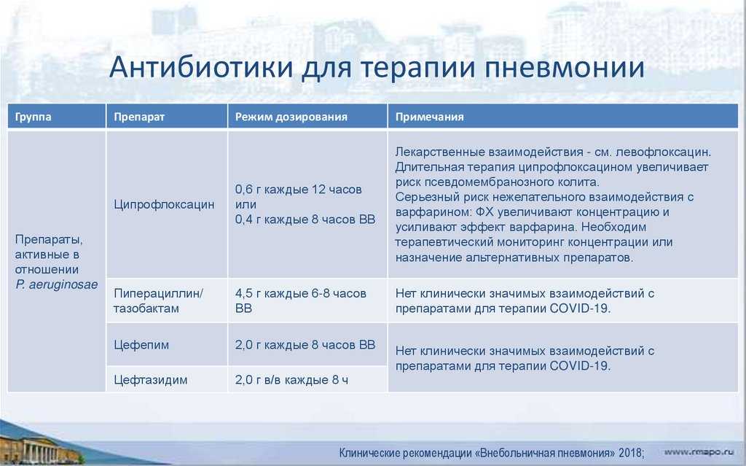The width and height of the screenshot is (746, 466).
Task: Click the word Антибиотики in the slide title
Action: click(x=201, y=67)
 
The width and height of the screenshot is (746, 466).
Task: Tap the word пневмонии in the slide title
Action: click(x=565, y=68)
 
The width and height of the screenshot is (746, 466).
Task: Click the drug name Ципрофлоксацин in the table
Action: click(x=164, y=204)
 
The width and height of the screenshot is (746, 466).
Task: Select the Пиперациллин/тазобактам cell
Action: click(x=158, y=300)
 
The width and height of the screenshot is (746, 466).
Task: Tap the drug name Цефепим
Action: click(x=141, y=344)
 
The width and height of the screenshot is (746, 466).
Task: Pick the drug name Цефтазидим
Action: click(x=150, y=380)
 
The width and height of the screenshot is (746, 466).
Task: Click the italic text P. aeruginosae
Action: click(x=57, y=284)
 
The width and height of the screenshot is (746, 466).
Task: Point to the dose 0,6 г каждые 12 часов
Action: click(x=298, y=189)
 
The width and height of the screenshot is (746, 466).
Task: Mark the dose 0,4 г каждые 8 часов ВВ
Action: click(x=305, y=220)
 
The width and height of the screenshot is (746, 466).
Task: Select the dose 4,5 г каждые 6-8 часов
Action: click(x=301, y=293)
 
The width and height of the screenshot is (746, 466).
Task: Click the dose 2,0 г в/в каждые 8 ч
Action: click(x=291, y=380)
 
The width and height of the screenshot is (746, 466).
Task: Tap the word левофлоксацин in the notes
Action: click(x=663, y=152)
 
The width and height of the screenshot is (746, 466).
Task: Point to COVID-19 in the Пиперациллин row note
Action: click(x=580, y=308)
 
